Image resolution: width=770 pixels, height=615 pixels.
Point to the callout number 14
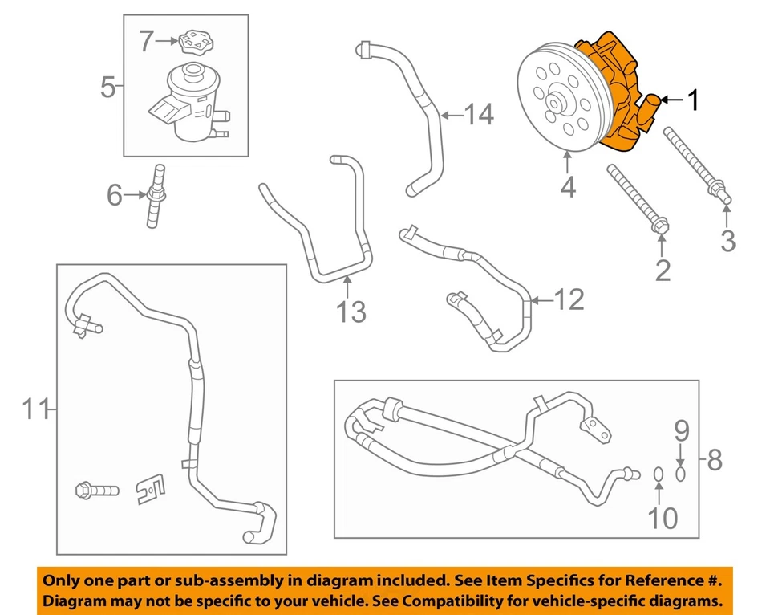pyautogui.click(x=479, y=116)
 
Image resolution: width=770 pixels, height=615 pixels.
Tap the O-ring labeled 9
pyautogui.click(x=681, y=474)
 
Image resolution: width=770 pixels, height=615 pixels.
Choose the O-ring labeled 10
pyautogui.click(x=657, y=477)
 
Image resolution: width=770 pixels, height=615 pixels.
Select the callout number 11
pyautogui.click(x=34, y=409)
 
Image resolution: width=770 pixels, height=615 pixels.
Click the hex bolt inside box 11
pyautogui.click(x=94, y=488)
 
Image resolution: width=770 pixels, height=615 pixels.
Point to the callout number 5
pyautogui.click(x=108, y=86)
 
